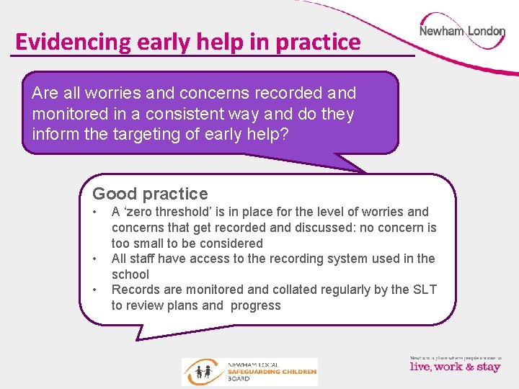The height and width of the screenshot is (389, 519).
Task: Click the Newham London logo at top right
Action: (462, 32)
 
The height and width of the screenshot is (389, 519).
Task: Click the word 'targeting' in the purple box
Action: (142, 134)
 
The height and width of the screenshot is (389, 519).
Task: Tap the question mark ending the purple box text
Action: (283, 134)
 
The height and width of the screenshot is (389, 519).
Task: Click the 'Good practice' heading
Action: (150, 194)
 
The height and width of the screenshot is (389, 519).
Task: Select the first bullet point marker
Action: (96, 212)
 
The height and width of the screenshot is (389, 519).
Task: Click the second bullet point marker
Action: (96, 259)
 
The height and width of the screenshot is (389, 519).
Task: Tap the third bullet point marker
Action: (96, 290)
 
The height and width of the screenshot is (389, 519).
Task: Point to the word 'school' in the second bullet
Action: (130, 274)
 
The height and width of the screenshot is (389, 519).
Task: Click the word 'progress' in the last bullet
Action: (256, 305)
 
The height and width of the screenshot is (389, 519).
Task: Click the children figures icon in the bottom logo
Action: (198, 372)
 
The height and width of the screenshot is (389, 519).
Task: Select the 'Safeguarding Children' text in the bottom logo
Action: (272, 371)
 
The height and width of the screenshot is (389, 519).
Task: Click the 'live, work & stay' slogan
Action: (455, 367)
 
